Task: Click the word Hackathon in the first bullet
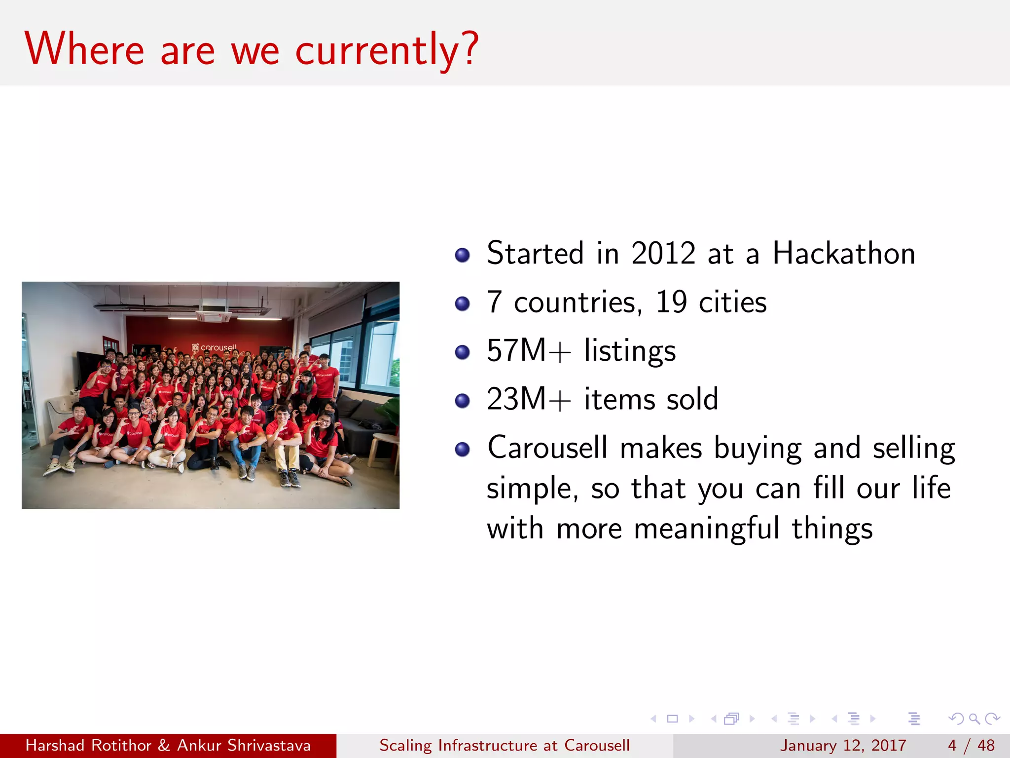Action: click(843, 254)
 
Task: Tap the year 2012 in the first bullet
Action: click(663, 254)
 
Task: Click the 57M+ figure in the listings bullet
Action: click(528, 351)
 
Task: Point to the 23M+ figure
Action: click(528, 399)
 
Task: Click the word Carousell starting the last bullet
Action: click(547, 448)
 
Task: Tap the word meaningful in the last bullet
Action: click(706, 529)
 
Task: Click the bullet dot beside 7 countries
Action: click(462, 303)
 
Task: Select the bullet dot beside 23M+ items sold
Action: click(462, 401)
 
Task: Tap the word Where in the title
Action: click(84, 49)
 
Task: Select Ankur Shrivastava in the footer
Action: click(244, 745)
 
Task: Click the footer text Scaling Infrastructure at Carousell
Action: click(504, 745)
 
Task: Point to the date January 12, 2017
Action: click(843, 745)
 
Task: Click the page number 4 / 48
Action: click(971, 745)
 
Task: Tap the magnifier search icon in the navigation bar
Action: click(974, 719)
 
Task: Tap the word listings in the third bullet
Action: click(630, 351)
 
